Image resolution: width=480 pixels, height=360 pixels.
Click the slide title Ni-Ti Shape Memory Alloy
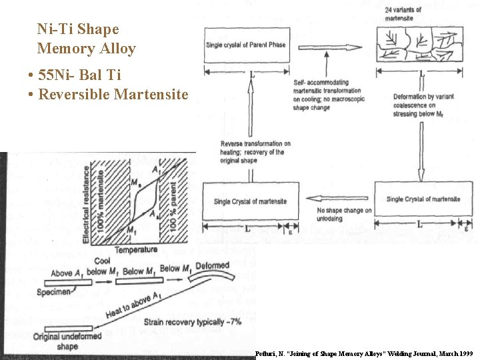tap(87, 39)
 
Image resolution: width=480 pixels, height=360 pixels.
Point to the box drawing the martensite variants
tap(420, 45)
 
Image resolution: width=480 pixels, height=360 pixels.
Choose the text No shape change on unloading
tap(343, 215)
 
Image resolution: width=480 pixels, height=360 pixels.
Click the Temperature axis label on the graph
tap(136, 250)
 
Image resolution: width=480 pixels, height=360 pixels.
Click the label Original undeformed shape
tap(67, 341)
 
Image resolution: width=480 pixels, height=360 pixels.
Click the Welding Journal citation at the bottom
tap(363, 353)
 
